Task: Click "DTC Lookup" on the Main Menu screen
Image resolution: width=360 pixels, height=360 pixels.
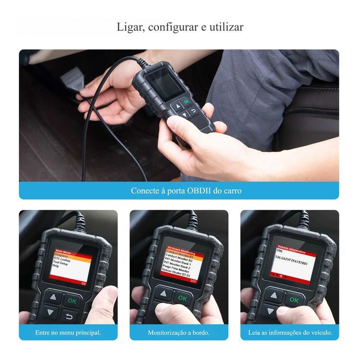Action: (x=62, y=259)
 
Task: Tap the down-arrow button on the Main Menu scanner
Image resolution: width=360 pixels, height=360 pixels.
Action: (x=51, y=312)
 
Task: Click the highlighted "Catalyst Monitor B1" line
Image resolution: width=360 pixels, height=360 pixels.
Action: (x=179, y=256)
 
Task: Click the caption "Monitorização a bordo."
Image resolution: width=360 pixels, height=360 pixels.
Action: (x=178, y=333)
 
